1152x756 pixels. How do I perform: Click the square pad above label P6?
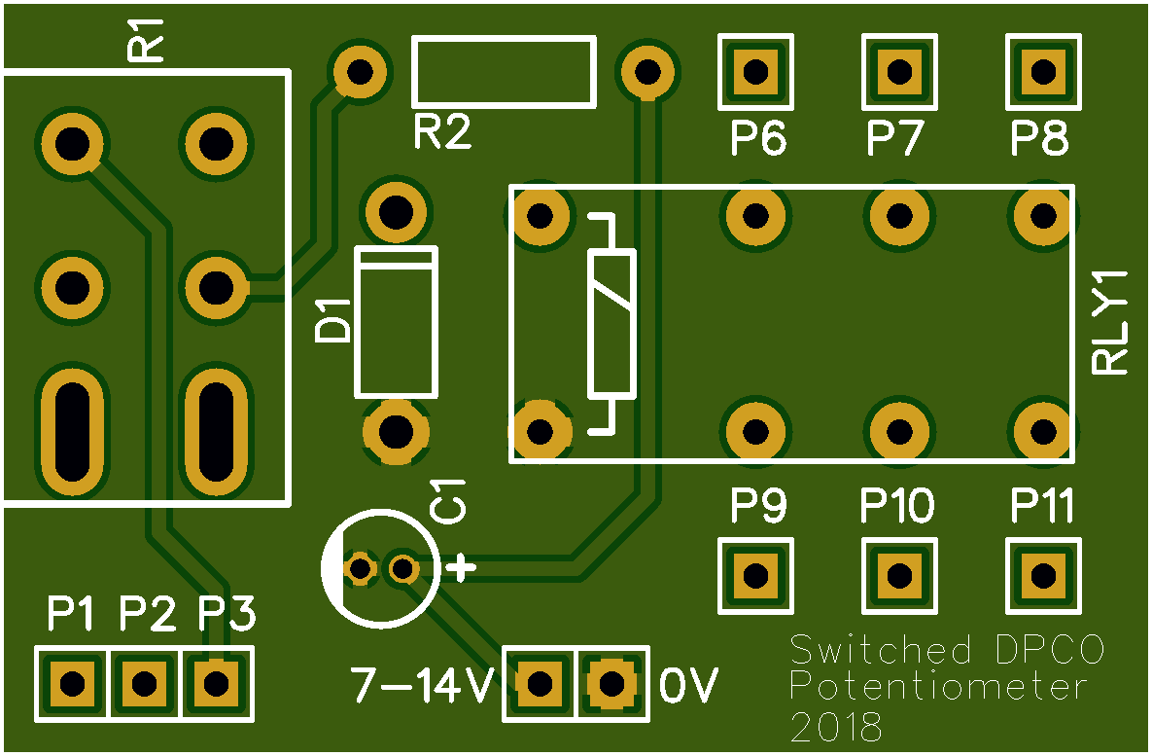[753, 71]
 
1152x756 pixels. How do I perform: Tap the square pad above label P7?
[899, 71]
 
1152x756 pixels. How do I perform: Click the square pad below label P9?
[753, 576]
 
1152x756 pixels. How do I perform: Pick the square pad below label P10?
[899, 576]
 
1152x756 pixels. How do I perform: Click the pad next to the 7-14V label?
[539, 683]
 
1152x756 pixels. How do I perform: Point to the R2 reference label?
[442, 132]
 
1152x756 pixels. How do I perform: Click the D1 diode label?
[334, 321]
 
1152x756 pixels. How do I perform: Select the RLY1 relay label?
[1111, 322]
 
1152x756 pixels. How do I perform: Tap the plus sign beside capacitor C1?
[460, 566]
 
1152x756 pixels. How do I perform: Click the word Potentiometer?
[937, 687]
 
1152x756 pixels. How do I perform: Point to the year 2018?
[837, 728]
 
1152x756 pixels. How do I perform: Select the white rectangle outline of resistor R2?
[504, 41]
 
